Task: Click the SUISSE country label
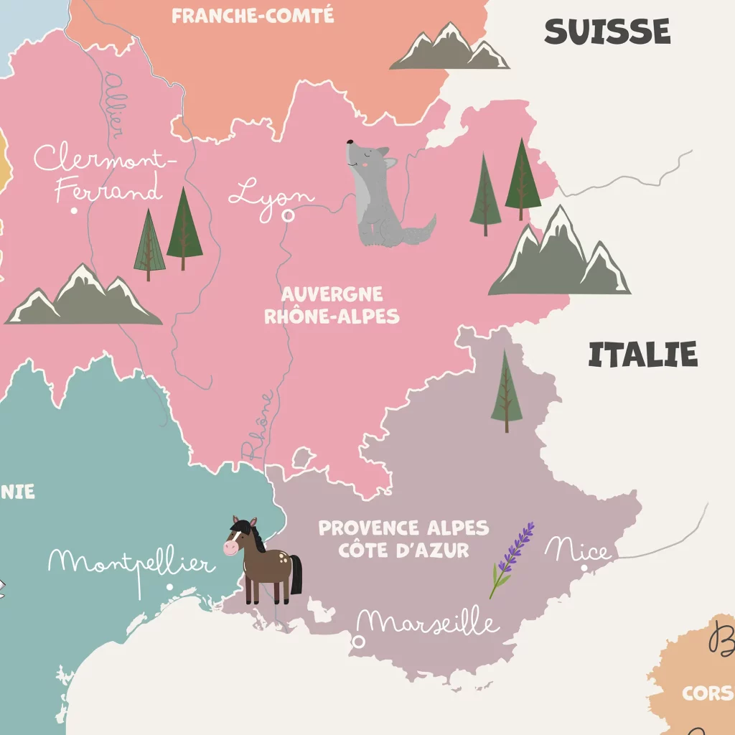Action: click(607, 32)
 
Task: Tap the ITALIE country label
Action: click(642, 355)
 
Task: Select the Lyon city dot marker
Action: click(289, 215)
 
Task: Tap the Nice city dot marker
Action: click(584, 568)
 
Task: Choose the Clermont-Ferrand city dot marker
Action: click(74, 211)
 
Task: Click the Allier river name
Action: click(113, 104)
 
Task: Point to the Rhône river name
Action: click(257, 426)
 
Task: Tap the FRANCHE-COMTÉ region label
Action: click(253, 16)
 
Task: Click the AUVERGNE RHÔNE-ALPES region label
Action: click(332, 305)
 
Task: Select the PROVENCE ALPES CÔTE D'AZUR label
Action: click(403, 539)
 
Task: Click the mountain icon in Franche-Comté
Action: click(450, 49)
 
